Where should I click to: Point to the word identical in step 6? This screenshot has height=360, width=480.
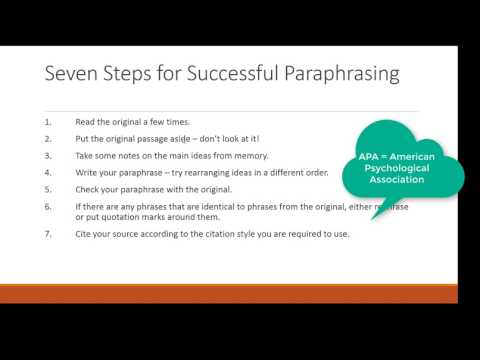coord(220,206)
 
